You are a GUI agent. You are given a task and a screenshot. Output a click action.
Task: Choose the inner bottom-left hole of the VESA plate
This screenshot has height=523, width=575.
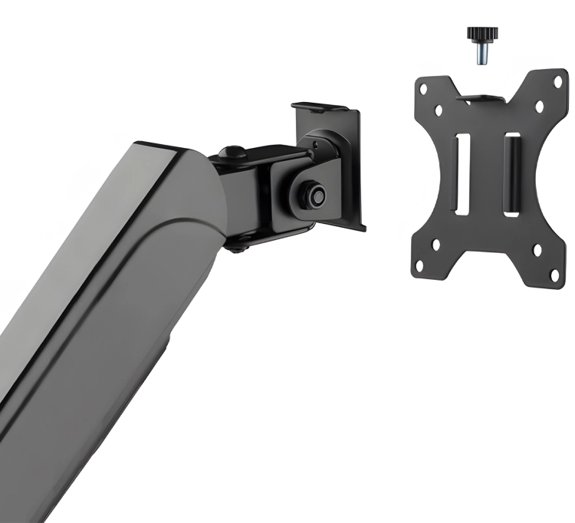(x=436, y=246)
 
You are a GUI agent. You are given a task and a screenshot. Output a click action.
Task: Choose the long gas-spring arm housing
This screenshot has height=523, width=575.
(x=115, y=307)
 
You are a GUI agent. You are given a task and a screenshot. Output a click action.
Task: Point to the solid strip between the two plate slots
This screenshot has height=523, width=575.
(x=486, y=175)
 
